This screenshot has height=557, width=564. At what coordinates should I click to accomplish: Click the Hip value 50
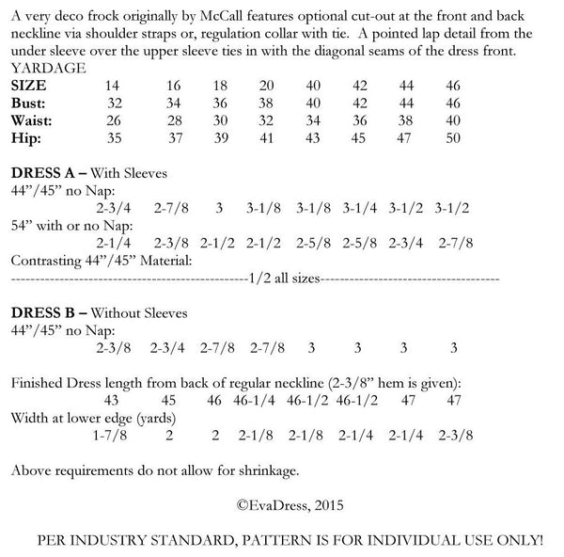[454, 137]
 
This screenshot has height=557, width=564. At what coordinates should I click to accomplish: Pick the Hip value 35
[115, 137]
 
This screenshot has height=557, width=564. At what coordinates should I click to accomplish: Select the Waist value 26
[115, 119]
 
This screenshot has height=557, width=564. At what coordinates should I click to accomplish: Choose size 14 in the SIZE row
[115, 85]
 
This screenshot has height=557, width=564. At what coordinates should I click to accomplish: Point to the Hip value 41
[267, 137]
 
